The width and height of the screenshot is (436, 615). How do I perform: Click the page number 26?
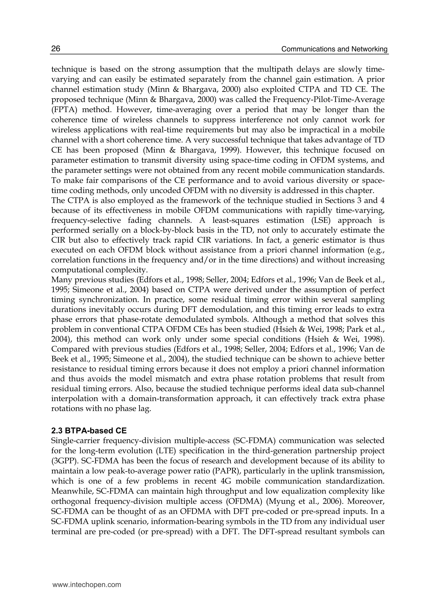[x=56, y=49]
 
